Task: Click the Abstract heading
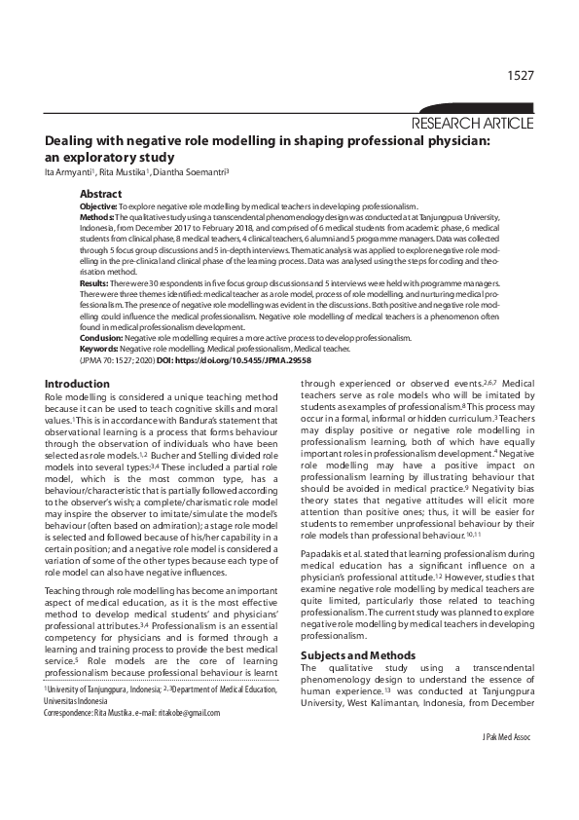pyautogui.click(x=101, y=195)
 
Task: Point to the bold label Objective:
pyautogui.click(x=98, y=207)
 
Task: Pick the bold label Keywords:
pyautogui.click(x=99, y=347)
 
